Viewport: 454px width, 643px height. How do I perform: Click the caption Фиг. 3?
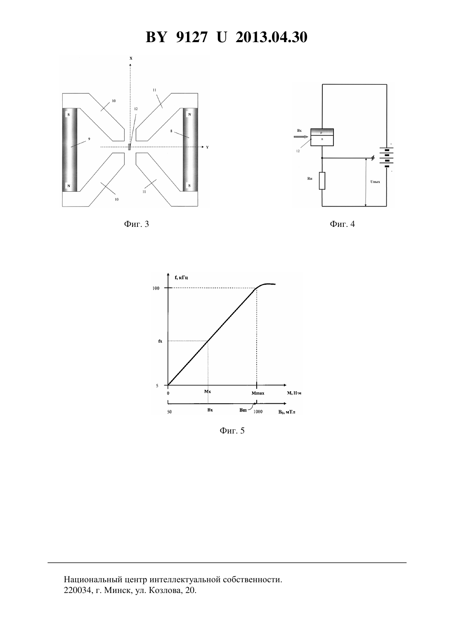tap(137, 224)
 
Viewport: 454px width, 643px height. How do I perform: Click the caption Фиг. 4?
tap(342, 224)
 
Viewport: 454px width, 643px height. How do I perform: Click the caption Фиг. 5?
tap(232, 431)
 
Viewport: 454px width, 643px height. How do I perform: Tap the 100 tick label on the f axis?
tap(156, 288)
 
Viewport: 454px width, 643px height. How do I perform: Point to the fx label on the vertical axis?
tap(160, 341)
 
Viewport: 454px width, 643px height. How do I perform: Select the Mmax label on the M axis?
tap(258, 393)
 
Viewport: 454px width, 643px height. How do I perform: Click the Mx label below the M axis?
tap(208, 391)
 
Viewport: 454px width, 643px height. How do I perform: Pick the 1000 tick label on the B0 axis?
tap(258, 412)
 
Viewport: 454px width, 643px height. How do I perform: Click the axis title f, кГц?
tap(182, 278)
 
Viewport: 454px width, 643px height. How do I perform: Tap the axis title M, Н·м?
tap(294, 393)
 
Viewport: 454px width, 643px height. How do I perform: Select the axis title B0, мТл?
tap(286, 412)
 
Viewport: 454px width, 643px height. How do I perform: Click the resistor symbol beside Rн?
tap(322, 181)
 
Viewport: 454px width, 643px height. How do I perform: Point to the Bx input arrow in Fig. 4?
tap(301, 137)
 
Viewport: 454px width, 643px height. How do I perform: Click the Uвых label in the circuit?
tap(375, 182)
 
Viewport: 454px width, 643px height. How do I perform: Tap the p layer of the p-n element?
tap(322, 132)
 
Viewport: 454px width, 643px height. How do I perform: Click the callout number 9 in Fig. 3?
tap(89, 139)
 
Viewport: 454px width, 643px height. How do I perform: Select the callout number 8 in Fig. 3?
tap(171, 131)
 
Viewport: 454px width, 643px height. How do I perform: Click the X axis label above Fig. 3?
tap(131, 58)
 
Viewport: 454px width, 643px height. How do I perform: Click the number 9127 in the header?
tap(192, 37)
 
